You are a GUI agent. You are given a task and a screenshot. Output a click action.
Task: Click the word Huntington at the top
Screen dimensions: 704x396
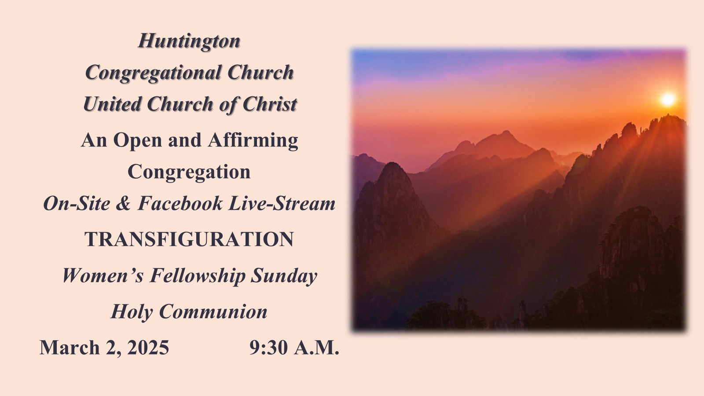(x=189, y=41)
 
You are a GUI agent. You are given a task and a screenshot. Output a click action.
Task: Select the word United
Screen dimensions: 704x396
(x=112, y=104)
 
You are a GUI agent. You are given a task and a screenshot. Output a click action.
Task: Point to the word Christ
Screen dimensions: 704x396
(x=270, y=104)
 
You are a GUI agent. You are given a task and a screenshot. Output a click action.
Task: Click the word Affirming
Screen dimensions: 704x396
(x=253, y=140)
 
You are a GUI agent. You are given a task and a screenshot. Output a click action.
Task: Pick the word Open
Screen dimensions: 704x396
(x=138, y=140)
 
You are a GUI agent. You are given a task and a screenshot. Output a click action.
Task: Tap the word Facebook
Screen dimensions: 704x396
(x=180, y=203)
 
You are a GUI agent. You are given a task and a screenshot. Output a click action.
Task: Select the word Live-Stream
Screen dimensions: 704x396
(x=282, y=203)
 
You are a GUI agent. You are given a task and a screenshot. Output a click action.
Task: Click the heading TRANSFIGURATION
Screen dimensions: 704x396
(x=189, y=239)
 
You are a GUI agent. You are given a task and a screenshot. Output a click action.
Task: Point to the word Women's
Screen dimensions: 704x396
(x=103, y=275)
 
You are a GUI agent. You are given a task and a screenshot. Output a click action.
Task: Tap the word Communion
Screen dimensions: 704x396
(x=213, y=312)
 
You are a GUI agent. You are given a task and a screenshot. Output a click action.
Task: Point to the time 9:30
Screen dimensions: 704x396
(x=269, y=347)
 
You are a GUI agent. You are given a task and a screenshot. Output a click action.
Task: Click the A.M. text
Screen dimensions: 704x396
(x=316, y=347)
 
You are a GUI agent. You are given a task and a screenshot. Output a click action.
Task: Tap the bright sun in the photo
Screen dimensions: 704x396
(x=668, y=99)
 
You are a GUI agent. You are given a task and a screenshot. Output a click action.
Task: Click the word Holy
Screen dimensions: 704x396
(x=132, y=312)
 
